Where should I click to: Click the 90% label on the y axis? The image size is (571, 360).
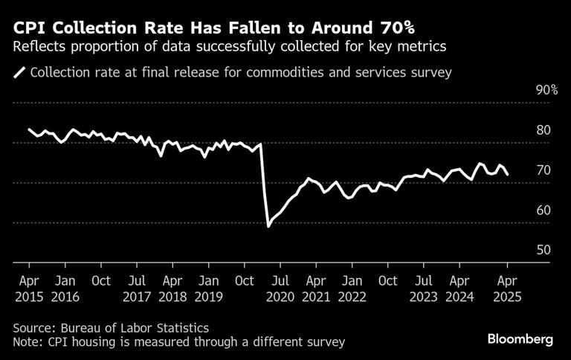tap(546, 90)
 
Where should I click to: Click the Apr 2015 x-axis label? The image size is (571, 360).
tap(29, 289)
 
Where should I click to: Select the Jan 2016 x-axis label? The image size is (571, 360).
tap(65, 289)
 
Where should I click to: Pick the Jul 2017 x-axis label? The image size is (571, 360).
tap(137, 289)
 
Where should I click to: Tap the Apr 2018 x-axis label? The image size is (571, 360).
tap(173, 289)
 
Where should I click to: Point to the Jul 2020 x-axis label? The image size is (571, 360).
tap(280, 289)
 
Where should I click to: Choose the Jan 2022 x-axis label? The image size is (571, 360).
tap(352, 289)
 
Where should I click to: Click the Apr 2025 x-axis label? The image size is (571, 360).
tap(506, 289)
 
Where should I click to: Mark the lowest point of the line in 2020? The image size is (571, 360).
tap(268, 226)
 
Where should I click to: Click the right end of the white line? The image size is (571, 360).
tap(508, 175)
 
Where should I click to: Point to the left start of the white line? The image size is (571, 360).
tap(29, 129)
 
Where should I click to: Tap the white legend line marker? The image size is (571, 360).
tap(19, 73)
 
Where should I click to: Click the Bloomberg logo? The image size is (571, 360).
tap(520, 339)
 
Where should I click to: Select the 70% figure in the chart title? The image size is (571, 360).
tap(393, 28)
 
